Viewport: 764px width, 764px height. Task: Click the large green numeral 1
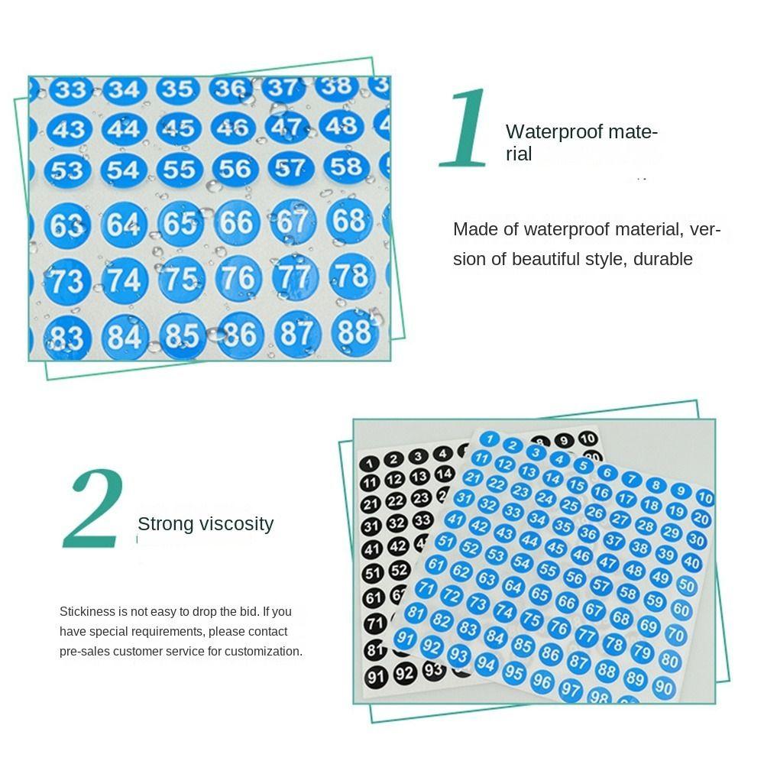pos(466,128)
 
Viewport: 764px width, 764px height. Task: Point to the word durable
pos(662,259)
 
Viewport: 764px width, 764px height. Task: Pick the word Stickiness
pos(87,612)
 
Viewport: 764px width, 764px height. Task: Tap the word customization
pos(263,652)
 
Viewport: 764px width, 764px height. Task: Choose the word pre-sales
pos(84,652)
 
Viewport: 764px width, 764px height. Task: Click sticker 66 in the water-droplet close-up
pos(236,222)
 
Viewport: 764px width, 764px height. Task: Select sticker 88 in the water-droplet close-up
pos(354,332)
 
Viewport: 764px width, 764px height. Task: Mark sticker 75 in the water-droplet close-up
pos(182,278)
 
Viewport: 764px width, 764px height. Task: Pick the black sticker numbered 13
pos(419,477)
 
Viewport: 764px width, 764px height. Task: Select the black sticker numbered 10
pos(588,439)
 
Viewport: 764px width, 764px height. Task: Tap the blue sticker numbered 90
pos(663,688)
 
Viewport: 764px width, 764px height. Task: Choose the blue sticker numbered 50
pos(686,586)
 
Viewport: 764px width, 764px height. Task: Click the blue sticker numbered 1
pos(491,439)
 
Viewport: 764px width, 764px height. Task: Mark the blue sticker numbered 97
pos(570,690)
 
